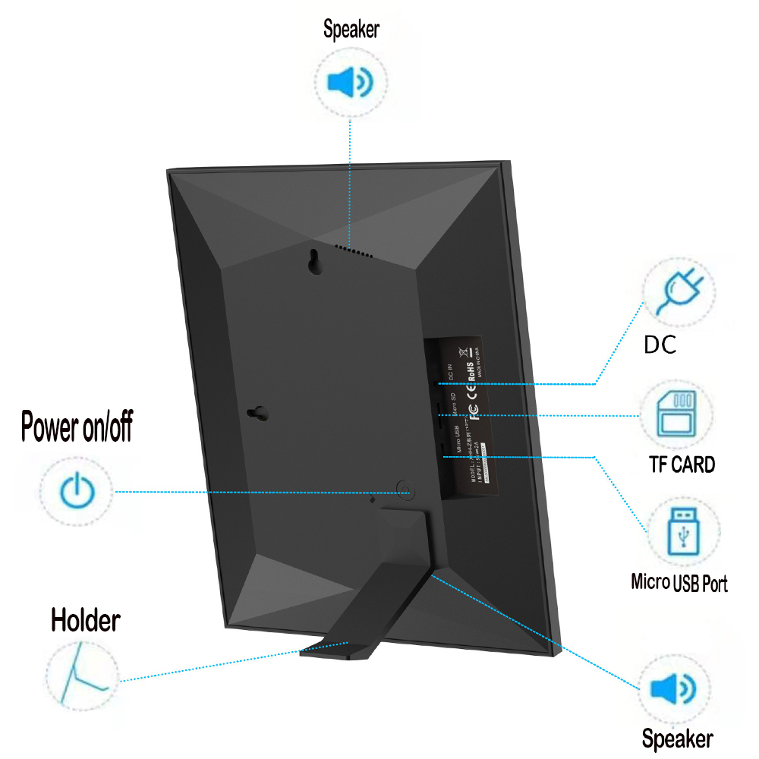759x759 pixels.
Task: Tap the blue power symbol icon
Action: (76, 491)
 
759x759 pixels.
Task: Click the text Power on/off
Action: (77, 427)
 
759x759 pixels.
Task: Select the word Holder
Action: (85, 620)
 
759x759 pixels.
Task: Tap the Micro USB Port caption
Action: (679, 583)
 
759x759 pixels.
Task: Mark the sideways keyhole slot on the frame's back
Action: (258, 413)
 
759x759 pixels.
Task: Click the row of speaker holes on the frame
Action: (354, 249)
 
